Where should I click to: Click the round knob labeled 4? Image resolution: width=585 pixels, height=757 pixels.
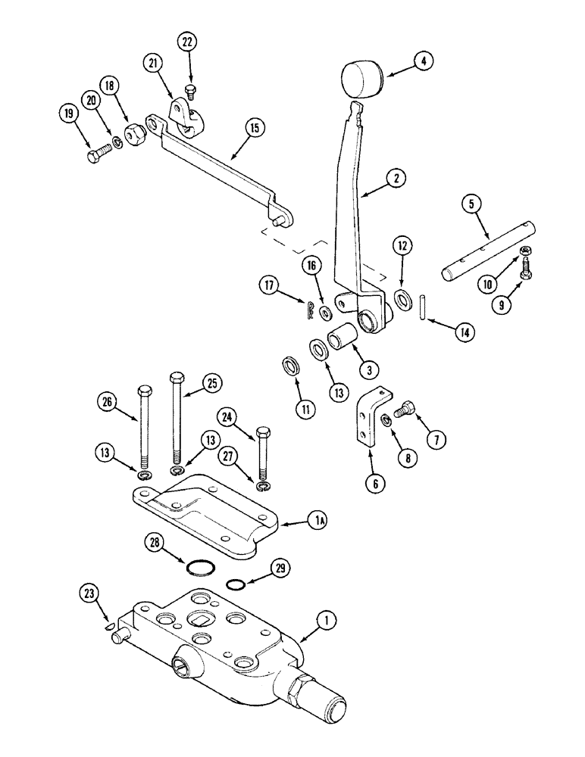click(361, 80)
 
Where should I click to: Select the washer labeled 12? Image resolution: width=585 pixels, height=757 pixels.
click(402, 296)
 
